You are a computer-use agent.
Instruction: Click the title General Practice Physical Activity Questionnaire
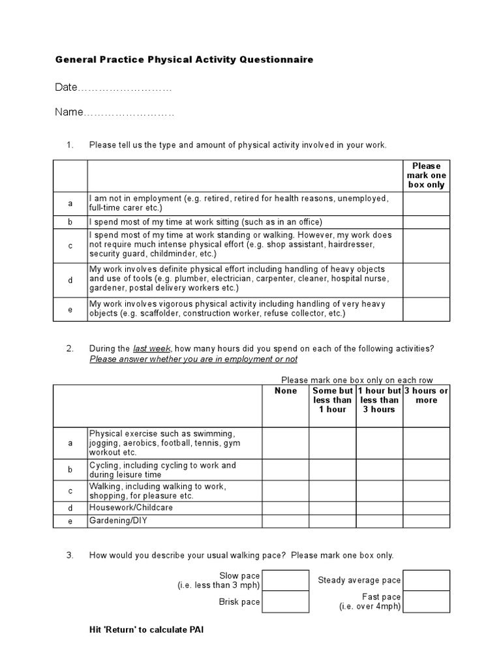[x=184, y=59]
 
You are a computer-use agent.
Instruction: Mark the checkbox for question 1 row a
[x=426, y=204]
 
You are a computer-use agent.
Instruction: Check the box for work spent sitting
[x=426, y=222]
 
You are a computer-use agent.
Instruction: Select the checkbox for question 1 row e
[x=426, y=309]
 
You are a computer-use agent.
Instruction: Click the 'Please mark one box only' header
[x=426, y=175]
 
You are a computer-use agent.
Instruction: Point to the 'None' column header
[x=286, y=391]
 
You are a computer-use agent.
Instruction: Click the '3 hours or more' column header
[x=426, y=395]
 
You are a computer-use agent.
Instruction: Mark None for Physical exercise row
[x=286, y=443]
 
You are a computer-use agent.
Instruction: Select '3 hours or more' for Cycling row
[x=426, y=470]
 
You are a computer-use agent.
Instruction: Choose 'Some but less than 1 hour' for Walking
[x=333, y=491]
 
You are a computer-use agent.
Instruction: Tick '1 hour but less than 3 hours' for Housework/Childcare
[x=380, y=508]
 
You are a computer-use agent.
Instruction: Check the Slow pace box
[x=286, y=580]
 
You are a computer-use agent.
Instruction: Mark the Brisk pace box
[x=286, y=601]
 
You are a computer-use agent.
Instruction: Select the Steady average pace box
[x=426, y=580]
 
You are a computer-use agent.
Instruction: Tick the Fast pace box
[x=426, y=601]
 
